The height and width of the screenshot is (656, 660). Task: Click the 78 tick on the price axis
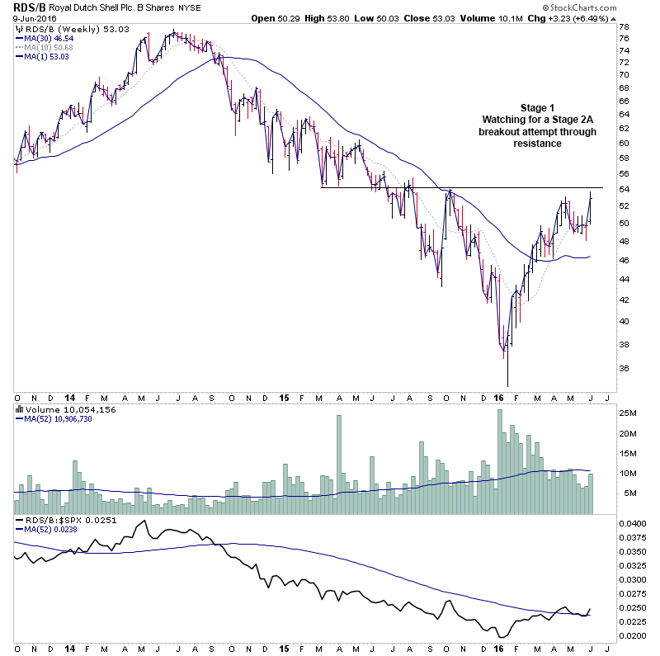coord(625,26)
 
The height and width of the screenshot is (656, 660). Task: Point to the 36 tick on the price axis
coord(625,369)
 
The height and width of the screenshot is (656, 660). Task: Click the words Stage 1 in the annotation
coord(537,108)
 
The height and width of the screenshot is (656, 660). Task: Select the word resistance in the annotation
coord(537,143)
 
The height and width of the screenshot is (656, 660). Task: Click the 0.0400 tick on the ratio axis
coord(632,524)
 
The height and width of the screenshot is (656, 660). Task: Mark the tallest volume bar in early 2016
coord(500,462)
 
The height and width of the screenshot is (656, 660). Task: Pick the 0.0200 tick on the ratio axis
coord(632,636)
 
